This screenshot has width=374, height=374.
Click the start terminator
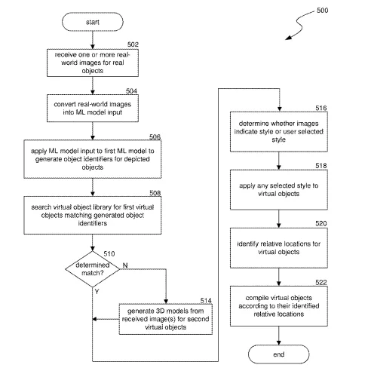click(x=93, y=22)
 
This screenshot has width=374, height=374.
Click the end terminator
click(x=278, y=354)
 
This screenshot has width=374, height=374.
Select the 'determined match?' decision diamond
click(x=93, y=269)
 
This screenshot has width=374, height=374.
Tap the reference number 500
click(x=322, y=11)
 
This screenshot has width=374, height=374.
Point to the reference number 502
click(x=133, y=44)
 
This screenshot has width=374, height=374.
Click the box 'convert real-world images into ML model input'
click(x=93, y=109)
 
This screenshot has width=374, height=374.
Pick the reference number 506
click(x=155, y=136)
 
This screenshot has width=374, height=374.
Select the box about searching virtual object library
click(x=93, y=215)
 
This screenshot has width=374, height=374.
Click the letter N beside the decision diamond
click(x=125, y=265)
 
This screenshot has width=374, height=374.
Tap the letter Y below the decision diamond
click(x=97, y=292)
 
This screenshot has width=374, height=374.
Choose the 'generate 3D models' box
click(x=166, y=319)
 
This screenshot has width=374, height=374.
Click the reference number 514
click(x=206, y=300)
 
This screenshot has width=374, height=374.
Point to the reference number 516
click(x=321, y=108)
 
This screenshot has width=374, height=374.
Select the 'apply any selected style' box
click(x=279, y=190)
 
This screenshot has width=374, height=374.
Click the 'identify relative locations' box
click(x=279, y=248)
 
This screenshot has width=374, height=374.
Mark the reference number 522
click(x=321, y=283)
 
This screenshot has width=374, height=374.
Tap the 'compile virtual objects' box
click(x=279, y=306)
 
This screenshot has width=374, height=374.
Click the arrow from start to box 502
click(x=93, y=40)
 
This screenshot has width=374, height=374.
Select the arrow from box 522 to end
click(x=279, y=336)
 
